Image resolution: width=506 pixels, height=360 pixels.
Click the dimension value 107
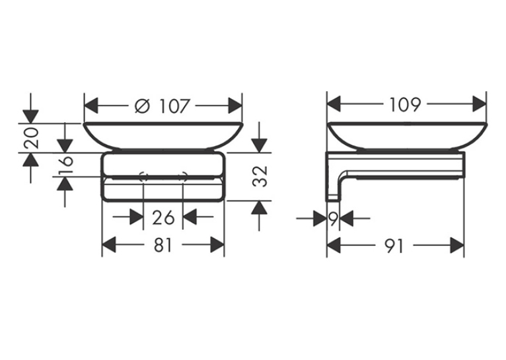[x=174, y=106]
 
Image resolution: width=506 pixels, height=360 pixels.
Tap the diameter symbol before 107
[x=142, y=106]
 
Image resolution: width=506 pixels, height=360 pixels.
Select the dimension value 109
[x=406, y=104]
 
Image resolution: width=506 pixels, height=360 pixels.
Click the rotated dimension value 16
[x=65, y=164]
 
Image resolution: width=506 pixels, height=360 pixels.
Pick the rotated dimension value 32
[x=260, y=176]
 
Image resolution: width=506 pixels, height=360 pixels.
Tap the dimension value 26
[x=163, y=217]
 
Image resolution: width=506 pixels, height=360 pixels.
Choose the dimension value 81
[x=163, y=245]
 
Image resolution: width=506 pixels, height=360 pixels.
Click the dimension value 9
[x=333, y=219]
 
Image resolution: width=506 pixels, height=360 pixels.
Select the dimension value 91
[x=394, y=246]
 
